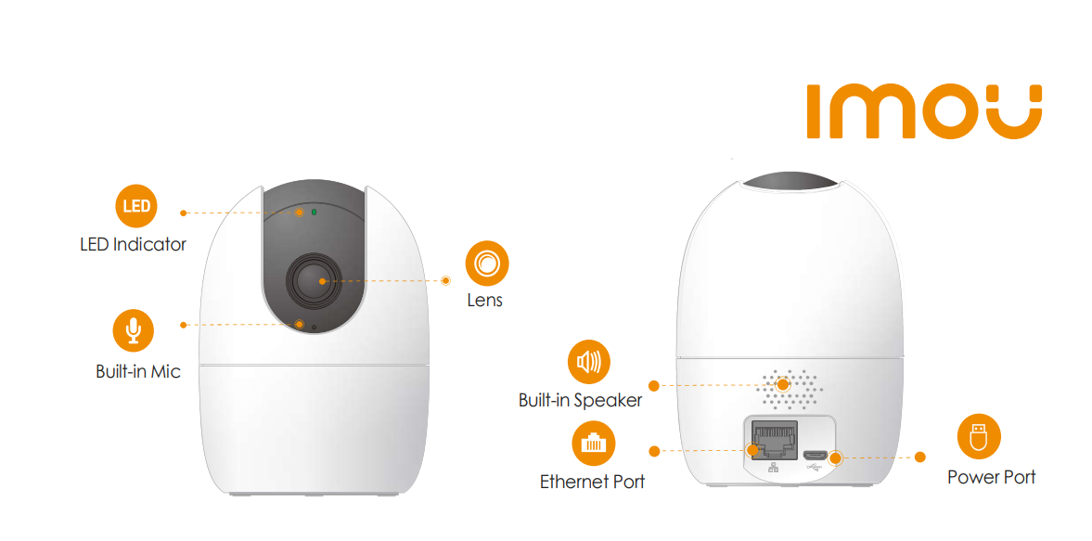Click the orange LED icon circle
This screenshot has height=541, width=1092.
[136, 206]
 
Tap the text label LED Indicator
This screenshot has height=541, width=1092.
[133, 245]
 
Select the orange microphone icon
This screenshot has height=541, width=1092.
[133, 330]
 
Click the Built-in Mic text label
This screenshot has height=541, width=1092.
[138, 371]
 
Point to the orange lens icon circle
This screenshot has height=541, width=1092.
[487, 264]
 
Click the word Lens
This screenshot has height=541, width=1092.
[484, 301]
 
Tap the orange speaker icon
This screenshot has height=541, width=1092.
[588, 362]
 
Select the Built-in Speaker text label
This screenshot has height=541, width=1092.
[580, 401]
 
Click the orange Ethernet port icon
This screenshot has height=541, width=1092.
[594, 444]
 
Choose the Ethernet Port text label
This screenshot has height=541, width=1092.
[593, 482]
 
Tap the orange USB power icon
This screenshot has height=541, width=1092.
[979, 436]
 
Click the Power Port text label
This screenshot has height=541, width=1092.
[991, 477]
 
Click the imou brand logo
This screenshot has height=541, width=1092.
[924, 111]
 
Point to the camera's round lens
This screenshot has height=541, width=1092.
[314, 280]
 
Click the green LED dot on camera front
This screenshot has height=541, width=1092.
[315, 211]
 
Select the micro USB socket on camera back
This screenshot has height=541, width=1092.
[814, 456]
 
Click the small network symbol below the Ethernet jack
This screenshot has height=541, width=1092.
[772, 468]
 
